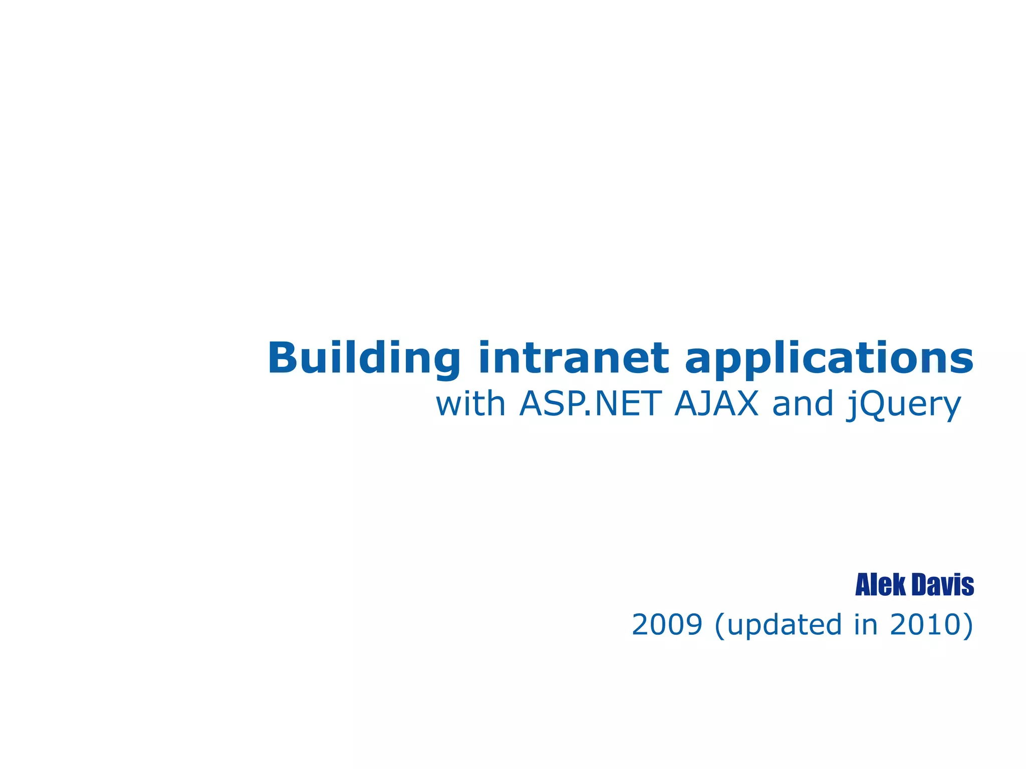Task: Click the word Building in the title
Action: (363, 358)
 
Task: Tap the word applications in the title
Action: (829, 358)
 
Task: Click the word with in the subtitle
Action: (470, 404)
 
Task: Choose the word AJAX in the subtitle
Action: (716, 404)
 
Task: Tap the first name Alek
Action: (880, 585)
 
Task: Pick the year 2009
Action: (667, 625)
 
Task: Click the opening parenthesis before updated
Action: (720, 625)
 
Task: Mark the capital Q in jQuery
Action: (872, 405)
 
